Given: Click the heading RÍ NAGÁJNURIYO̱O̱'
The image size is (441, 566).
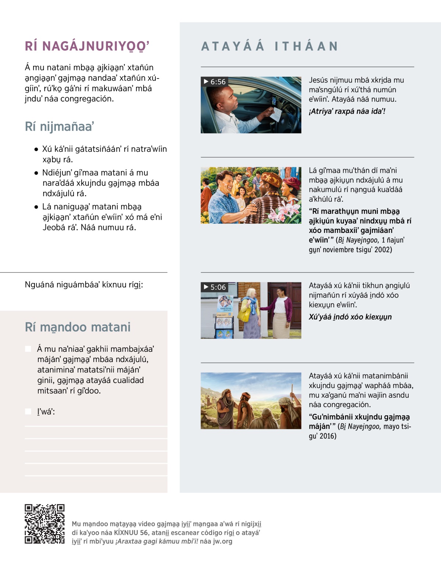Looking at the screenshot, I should pos(87,46).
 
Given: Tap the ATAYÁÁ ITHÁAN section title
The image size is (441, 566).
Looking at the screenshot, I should pos(269,46).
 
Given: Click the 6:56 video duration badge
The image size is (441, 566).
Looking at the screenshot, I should pos(215,81).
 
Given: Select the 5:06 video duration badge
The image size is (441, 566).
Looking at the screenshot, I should pos(215,287).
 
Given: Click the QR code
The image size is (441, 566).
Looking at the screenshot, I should pos(44,524).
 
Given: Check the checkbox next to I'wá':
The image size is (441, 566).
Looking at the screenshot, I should pos(28,412).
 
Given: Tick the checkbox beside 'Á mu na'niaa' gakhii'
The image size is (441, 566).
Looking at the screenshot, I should pos(28,349).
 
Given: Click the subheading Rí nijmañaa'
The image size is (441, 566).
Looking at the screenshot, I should pos(60,127).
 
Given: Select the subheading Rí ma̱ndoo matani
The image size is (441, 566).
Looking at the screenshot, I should pos(78,327).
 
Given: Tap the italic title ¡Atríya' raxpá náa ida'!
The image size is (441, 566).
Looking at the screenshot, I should pos(347,111).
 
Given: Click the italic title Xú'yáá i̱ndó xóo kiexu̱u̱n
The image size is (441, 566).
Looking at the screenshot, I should pos(350,317).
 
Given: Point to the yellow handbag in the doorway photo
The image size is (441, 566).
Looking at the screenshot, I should pos(244,315).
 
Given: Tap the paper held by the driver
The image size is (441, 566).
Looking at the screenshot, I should pos(276,114).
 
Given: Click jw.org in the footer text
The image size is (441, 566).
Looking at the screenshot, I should pos(222,541).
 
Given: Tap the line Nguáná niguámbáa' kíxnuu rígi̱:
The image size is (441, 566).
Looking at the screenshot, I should pos(84,285).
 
